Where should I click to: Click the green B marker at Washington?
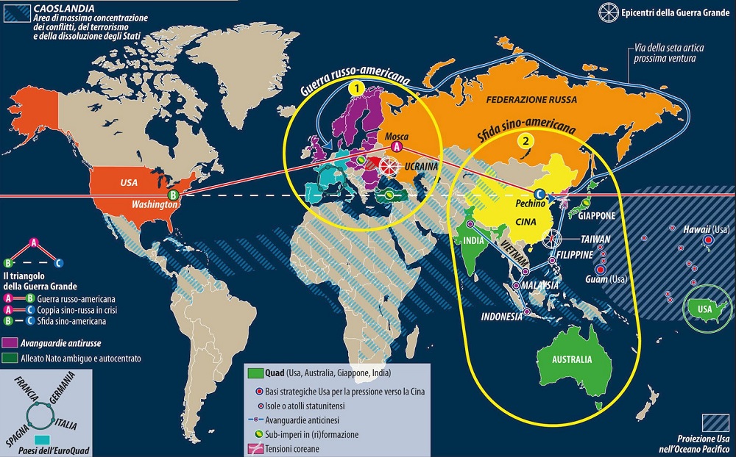pos(173,195)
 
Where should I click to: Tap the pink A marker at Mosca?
pos(396,148)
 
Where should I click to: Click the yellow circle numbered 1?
pos(357,88)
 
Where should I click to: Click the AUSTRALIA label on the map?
pos(566,360)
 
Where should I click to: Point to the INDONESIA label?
pos(502,317)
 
